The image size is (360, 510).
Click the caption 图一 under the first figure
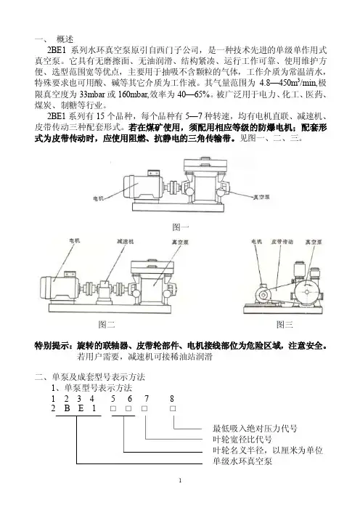pyautogui.click(x=180, y=227)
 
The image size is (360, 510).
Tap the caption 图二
pyautogui.click(x=107, y=324)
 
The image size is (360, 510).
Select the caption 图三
pyautogui.click(x=285, y=324)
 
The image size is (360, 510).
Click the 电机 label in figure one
pyautogui.click(x=99, y=198)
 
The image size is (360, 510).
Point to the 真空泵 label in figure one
pyautogui.click(x=261, y=197)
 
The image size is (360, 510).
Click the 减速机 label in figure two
pyautogui.click(x=125, y=242)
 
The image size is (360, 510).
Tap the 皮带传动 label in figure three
pyautogui.click(x=282, y=242)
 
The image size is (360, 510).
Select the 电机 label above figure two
pyautogui.click(x=75, y=240)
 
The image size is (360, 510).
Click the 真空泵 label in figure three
pyautogui.click(x=314, y=242)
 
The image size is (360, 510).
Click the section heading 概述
pyautogui.click(x=65, y=39)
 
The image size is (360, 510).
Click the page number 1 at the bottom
pyautogui.click(x=180, y=480)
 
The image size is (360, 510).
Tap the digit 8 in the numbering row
pyautogui.click(x=172, y=398)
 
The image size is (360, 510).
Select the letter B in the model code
pyautogui.click(x=67, y=408)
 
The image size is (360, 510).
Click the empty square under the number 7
pyautogui.click(x=144, y=408)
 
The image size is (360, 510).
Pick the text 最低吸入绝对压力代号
pyautogui.click(x=255, y=429)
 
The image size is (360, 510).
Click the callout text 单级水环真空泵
pyautogui.click(x=242, y=461)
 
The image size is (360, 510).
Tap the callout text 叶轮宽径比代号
pyautogui.click(x=242, y=439)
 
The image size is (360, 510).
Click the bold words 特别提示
pyautogui.click(x=54, y=345)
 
